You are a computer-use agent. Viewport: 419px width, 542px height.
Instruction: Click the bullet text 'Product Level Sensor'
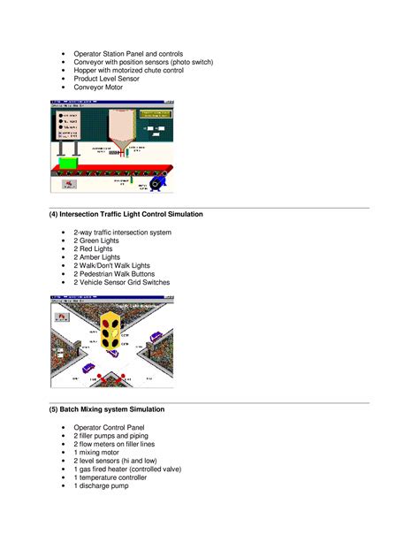tap(105, 79)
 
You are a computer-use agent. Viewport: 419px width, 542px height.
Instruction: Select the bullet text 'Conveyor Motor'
tap(99, 88)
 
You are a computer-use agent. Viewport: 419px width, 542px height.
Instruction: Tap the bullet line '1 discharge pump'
tap(102, 486)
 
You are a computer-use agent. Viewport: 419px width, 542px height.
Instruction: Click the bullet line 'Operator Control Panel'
tap(110, 427)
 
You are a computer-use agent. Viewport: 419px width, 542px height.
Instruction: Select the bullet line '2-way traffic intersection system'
tap(123, 232)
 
